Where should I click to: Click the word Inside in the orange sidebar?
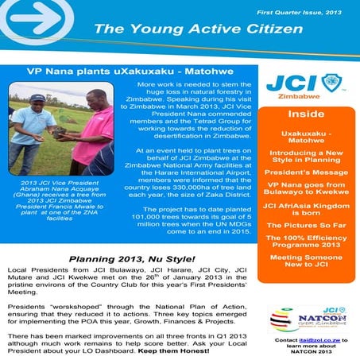pos(305,114)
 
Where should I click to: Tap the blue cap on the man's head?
pos(37,97)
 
